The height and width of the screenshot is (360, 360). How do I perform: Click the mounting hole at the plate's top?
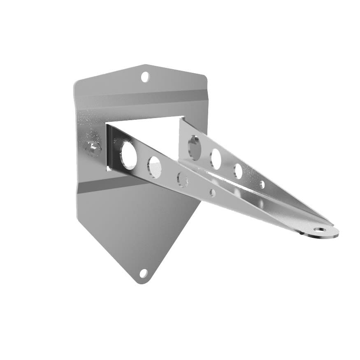point(145,77)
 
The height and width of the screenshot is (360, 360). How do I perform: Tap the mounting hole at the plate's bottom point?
point(143,273)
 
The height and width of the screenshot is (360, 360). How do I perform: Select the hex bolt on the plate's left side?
point(92,148)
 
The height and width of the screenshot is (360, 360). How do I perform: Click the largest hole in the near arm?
point(128,153)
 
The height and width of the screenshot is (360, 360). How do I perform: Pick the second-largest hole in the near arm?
point(155,166)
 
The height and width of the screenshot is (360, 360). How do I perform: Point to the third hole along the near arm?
point(182,179)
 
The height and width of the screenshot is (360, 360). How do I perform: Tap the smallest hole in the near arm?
point(212,193)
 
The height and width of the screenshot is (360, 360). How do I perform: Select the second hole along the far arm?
point(216,158)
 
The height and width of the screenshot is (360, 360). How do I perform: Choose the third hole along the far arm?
point(238,171)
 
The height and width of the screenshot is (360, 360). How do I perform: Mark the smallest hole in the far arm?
point(262,184)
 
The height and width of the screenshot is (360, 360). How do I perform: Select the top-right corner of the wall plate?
point(205,76)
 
